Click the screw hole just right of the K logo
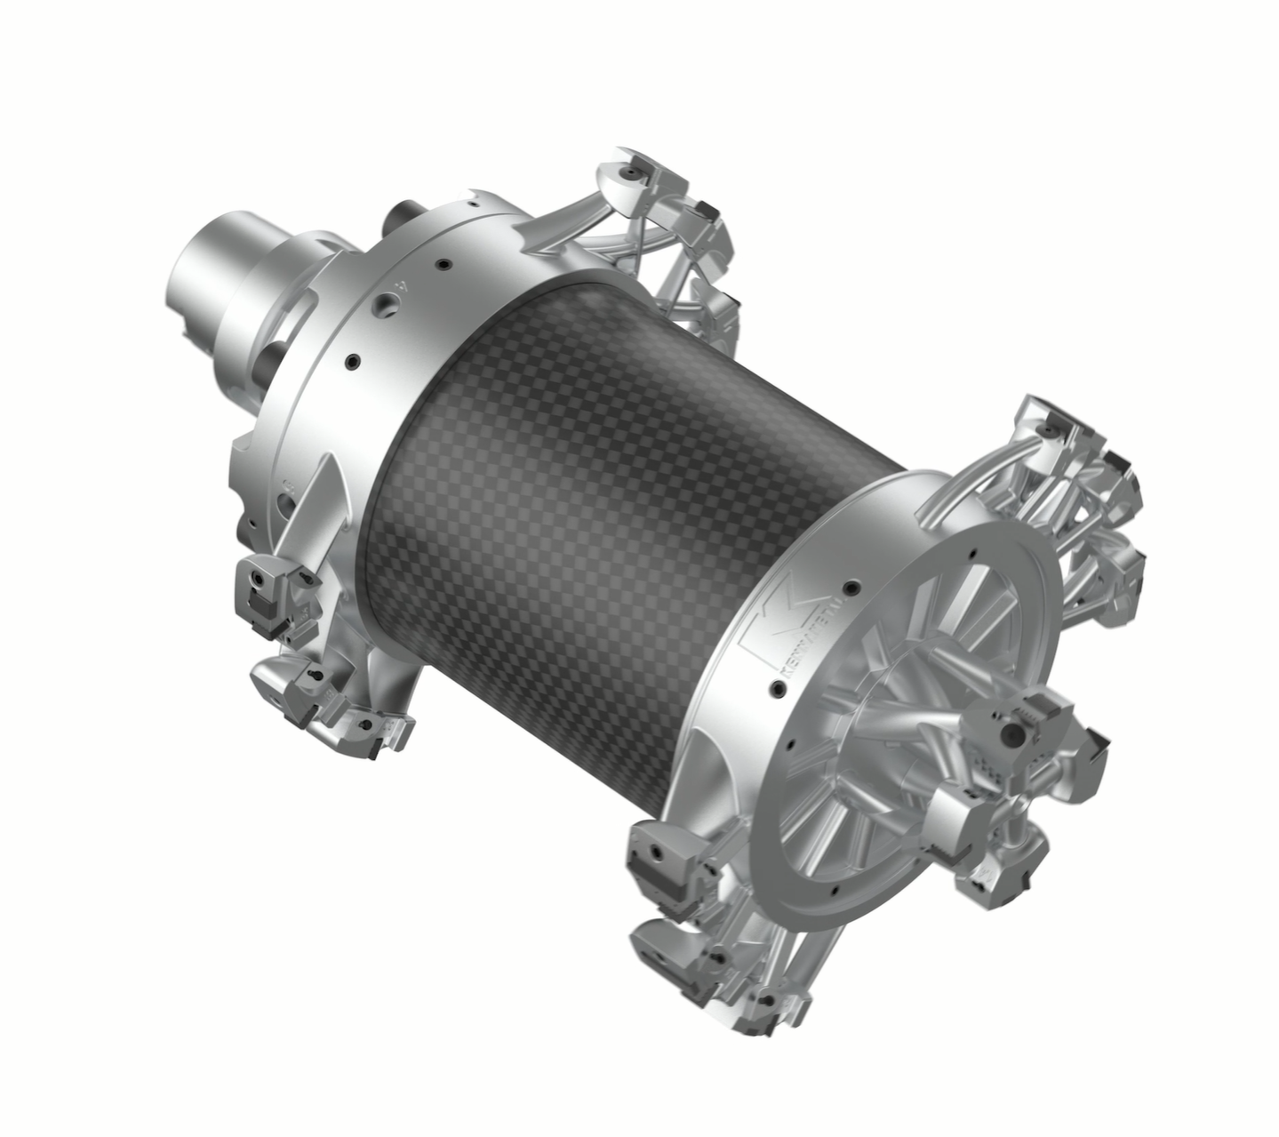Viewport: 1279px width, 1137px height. coord(851,587)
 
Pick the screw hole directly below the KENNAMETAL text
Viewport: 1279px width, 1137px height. coord(777,687)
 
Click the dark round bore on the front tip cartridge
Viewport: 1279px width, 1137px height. coord(1011,734)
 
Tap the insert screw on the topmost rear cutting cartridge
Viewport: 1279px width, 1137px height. coord(632,166)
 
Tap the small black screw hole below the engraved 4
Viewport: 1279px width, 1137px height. coord(353,360)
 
